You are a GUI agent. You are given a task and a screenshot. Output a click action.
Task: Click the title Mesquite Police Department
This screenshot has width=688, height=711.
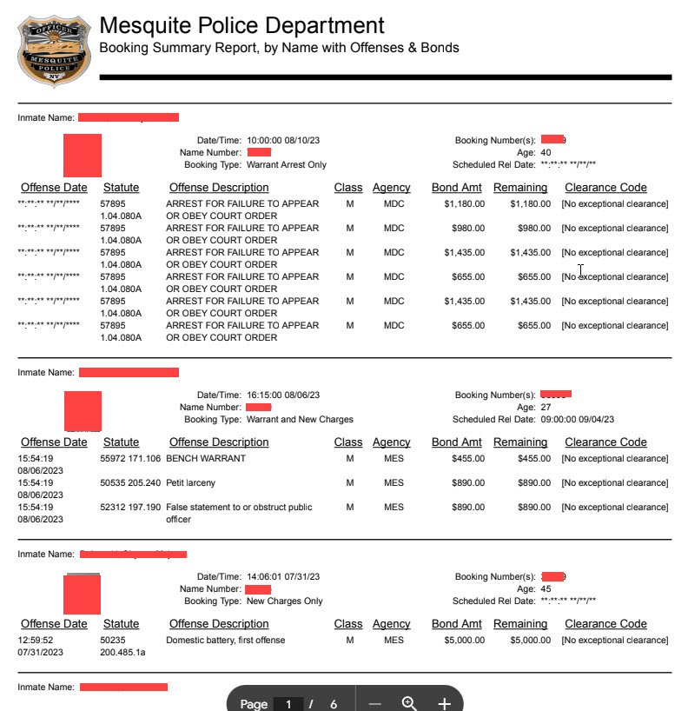tap(241, 25)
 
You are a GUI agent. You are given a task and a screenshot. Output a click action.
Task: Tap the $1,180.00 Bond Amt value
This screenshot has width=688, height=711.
tap(464, 204)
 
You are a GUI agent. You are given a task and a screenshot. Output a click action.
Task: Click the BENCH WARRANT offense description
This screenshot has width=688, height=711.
tap(206, 458)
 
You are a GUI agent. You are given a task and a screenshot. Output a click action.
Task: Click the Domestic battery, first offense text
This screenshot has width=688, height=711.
tap(225, 641)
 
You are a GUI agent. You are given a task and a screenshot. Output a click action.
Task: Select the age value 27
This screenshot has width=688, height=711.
tap(546, 407)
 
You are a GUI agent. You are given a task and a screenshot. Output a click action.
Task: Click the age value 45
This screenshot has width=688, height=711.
tap(546, 588)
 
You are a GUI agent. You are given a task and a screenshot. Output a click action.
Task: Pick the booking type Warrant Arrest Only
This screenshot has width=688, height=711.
tap(287, 164)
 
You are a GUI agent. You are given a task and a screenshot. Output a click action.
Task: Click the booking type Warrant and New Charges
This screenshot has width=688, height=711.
tap(300, 419)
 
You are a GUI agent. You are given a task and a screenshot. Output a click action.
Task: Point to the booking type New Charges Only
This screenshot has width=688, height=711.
tap(284, 601)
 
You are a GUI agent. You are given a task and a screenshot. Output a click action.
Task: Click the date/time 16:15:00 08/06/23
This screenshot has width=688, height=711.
tap(283, 395)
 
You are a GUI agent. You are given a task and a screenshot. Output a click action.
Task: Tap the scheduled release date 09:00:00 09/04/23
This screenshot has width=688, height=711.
tap(577, 419)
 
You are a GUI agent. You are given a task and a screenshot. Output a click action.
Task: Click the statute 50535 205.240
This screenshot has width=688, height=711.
tap(130, 482)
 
